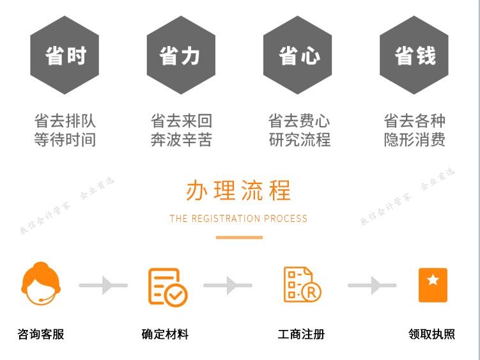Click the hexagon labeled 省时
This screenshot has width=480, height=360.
65,56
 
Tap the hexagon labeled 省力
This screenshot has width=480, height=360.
181,56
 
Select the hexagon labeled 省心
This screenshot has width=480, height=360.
298,56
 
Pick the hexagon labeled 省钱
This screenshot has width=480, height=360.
414,56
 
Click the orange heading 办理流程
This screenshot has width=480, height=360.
238,191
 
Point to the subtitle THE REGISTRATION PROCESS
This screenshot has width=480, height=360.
238,219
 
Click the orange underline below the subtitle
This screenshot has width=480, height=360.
239,237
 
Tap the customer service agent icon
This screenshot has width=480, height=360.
41,285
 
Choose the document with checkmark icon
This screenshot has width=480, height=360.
167,286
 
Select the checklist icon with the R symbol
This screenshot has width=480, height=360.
302,285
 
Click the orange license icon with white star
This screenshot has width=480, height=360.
433,285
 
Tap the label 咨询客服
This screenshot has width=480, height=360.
41,334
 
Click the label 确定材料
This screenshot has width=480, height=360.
165,334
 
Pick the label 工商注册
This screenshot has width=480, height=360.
301,334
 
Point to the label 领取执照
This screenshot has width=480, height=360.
431,334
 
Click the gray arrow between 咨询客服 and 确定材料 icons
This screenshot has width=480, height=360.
103,285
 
